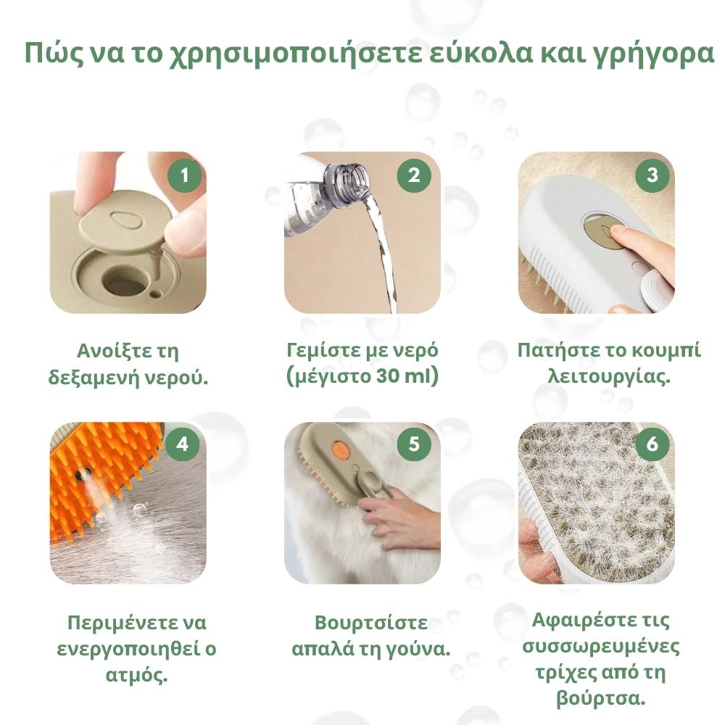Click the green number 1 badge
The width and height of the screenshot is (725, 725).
pyautogui.click(x=185, y=175)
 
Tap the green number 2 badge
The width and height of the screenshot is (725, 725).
pyautogui.click(x=414, y=175)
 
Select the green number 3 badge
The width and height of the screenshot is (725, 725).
pyautogui.click(x=652, y=175)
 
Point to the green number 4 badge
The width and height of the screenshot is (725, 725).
pyautogui.click(x=183, y=444)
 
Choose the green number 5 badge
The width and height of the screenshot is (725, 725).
pyautogui.click(x=414, y=444)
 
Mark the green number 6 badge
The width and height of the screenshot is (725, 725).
pyautogui.click(x=652, y=444)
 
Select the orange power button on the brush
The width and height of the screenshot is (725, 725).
pyautogui.click(x=339, y=448)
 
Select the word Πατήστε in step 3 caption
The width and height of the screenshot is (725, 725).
pyautogui.click(x=548, y=350)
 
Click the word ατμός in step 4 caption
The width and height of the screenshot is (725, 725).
pyautogui.click(x=136, y=675)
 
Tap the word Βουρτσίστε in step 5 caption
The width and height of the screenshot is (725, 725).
pyautogui.click(x=371, y=622)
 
